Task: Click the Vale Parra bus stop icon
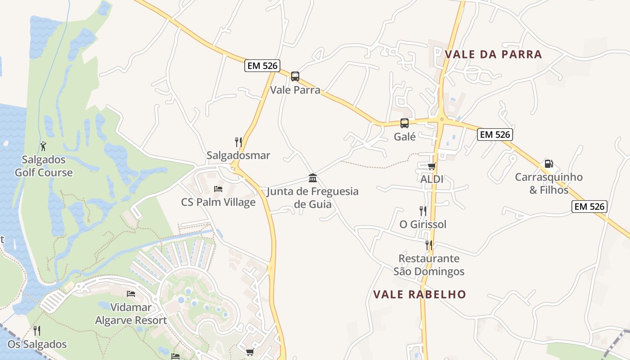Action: [295, 76]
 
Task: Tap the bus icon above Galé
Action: [405, 123]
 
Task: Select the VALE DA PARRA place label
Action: [493, 54]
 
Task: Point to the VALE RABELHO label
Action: [419, 294]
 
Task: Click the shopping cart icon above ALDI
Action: [432, 166]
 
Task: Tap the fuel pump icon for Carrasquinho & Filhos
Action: [549, 164]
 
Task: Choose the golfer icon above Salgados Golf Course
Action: [43, 146]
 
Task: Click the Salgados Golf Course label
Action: [44, 166]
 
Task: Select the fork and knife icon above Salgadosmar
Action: [238, 142]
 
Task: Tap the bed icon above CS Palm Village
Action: [218, 189]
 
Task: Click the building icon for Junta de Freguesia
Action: [313, 178]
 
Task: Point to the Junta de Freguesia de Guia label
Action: [313, 198]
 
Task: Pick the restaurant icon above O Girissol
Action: [423, 211]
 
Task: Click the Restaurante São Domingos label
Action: [429, 265]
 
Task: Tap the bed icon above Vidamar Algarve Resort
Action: [131, 294]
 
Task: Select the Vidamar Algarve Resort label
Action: [131, 314]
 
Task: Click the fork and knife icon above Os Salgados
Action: [37, 331]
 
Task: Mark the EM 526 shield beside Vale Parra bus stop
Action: [262, 66]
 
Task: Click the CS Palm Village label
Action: [218, 202]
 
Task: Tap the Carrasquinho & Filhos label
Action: [549, 183]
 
